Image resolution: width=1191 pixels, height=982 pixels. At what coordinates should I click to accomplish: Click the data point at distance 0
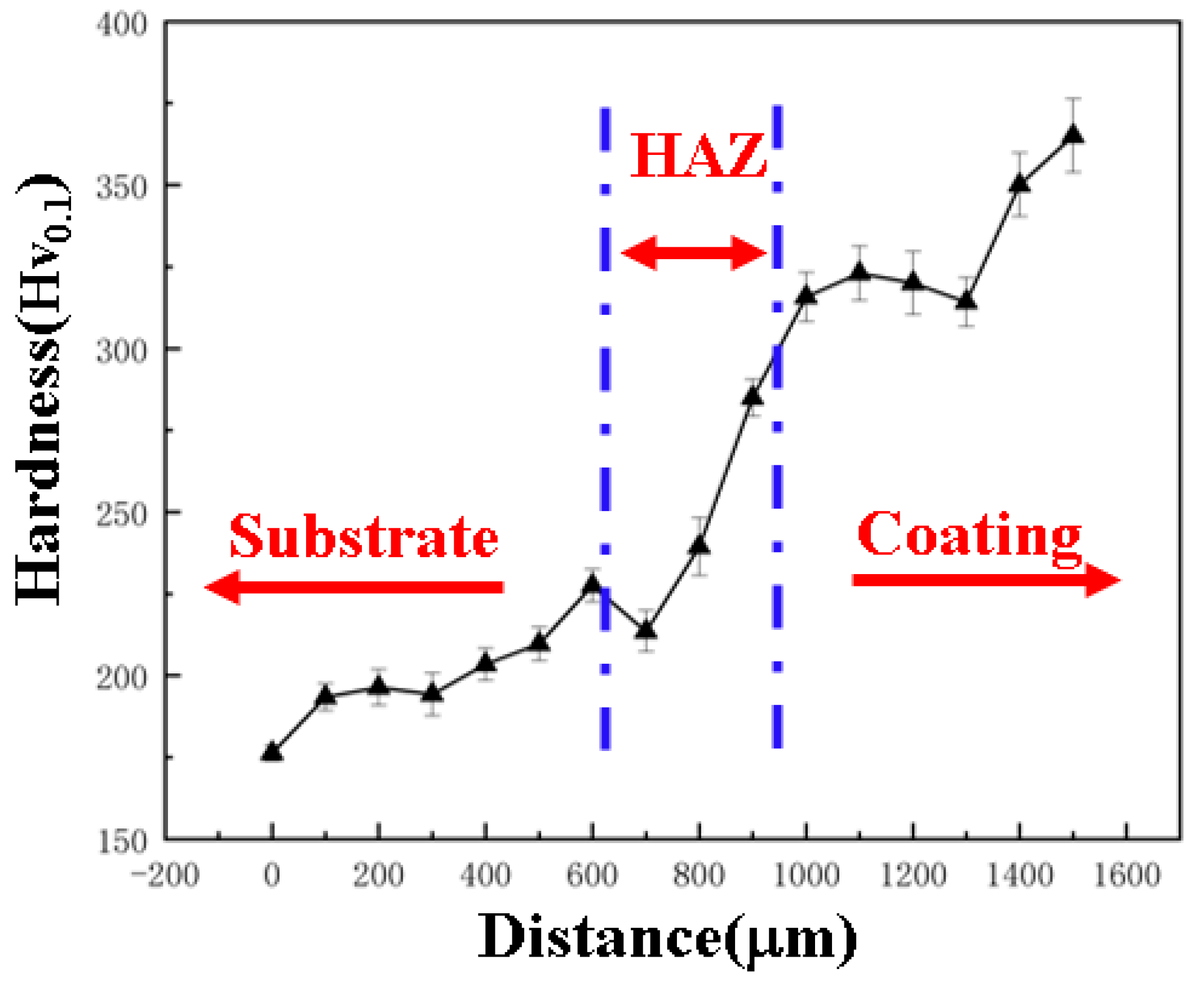[x=272, y=752]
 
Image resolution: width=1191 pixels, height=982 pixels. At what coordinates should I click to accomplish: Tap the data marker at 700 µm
[x=645, y=629]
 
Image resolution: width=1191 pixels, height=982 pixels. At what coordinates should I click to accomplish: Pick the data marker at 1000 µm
[x=805, y=295]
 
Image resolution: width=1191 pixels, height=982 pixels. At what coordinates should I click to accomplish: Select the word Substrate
[x=363, y=536]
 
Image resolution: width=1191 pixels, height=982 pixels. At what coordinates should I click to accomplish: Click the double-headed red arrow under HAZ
[x=694, y=253]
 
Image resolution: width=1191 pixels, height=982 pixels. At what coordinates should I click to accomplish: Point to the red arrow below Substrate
[x=353, y=587]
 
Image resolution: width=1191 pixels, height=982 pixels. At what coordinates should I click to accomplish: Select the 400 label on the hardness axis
[x=121, y=25]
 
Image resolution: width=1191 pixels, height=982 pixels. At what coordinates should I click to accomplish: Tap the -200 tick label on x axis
[x=165, y=876]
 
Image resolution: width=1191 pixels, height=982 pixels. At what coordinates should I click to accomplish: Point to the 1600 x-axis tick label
[x=1127, y=876]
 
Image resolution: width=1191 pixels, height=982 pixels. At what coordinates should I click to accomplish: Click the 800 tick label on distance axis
[x=699, y=876]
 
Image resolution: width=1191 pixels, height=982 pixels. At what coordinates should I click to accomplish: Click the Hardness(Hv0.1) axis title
[x=42, y=390]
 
